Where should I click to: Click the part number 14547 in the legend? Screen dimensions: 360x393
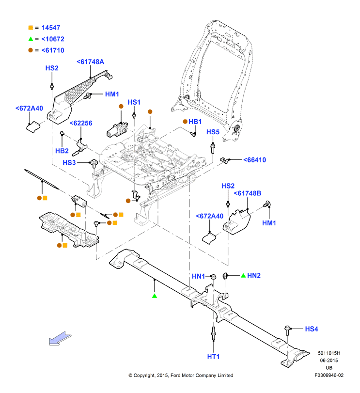pos(51,28)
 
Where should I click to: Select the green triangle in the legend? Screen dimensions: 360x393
pos(31,39)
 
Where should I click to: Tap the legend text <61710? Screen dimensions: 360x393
pos(53,50)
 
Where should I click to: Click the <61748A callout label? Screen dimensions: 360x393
pos(90,62)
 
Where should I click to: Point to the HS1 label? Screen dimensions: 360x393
pos(134,102)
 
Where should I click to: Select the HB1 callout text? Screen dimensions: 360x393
pos(195,122)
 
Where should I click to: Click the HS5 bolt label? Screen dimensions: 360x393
pos(213,132)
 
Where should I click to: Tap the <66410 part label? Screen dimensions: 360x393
pos(254,160)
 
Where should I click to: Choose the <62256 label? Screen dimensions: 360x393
pos(81,123)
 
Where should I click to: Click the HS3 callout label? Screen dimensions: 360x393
pos(69,163)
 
